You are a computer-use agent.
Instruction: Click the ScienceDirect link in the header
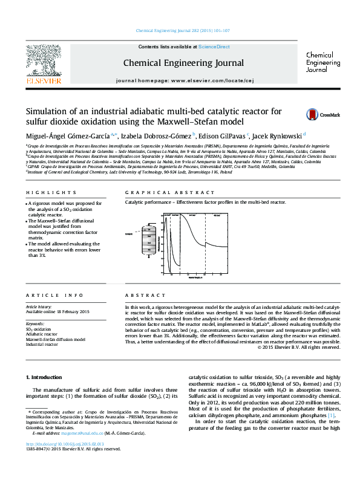tap(214, 47)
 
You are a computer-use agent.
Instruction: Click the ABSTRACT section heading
tap(141, 295)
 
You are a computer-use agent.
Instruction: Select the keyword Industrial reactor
tap(42, 345)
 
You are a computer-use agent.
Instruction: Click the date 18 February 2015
tap(71, 311)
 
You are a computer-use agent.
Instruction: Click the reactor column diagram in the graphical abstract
tap(148, 241)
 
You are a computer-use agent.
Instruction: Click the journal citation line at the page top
tap(182, 30)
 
